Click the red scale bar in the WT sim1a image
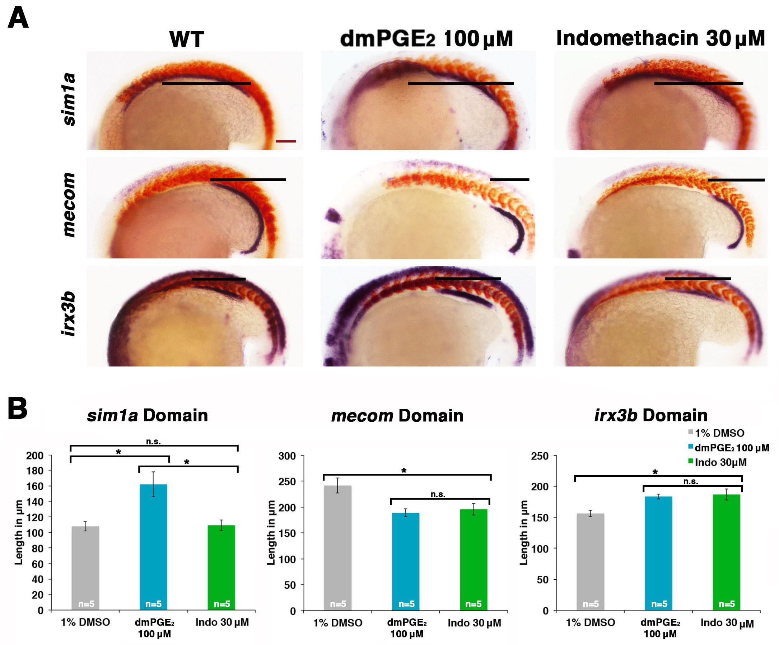pyautogui.click(x=286, y=141)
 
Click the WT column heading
pyautogui.click(x=187, y=39)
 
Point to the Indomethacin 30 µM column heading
pyautogui.click(x=660, y=38)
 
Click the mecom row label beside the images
pyautogui.click(x=69, y=205)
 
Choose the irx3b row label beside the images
pyautogui.click(x=69, y=314)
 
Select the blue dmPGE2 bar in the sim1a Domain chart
pyautogui.click(x=153, y=547)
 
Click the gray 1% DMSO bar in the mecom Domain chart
pyautogui.click(x=337, y=548)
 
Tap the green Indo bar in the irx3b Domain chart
pyautogui.click(x=726, y=552)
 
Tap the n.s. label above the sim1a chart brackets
pyautogui.click(x=153, y=441)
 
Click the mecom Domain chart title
pyautogui.click(x=397, y=415)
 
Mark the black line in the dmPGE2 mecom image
pyautogui.click(x=510, y=179)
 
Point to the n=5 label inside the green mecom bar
pyautogui.click(x=474, y=604)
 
